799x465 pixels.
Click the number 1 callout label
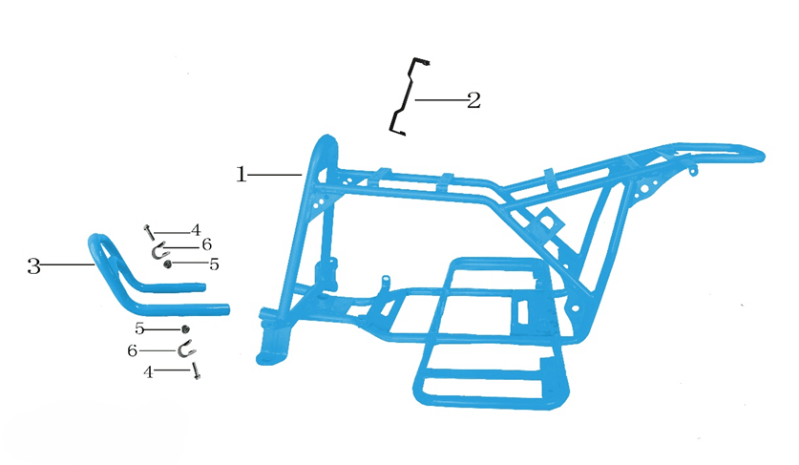[241, 175]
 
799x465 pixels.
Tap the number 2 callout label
[473, 100]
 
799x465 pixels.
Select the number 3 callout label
[33, 265]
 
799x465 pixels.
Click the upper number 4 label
[196, 230]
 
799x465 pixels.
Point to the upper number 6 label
[206, 244]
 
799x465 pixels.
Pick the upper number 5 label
[214, 264]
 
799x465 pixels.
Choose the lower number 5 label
[139, 328]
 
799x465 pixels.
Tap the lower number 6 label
[132, 350]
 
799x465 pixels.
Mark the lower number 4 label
[148, 372]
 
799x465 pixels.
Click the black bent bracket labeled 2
[408, 97]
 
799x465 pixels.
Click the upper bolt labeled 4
[149, 233]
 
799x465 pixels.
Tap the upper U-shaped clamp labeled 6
[158, 251]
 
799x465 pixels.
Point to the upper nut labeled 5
[167, 264]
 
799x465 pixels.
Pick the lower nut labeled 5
[185, 329]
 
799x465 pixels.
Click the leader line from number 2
[441, 100]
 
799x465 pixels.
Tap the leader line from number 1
[275, 176]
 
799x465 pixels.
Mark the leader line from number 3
[68, 265]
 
